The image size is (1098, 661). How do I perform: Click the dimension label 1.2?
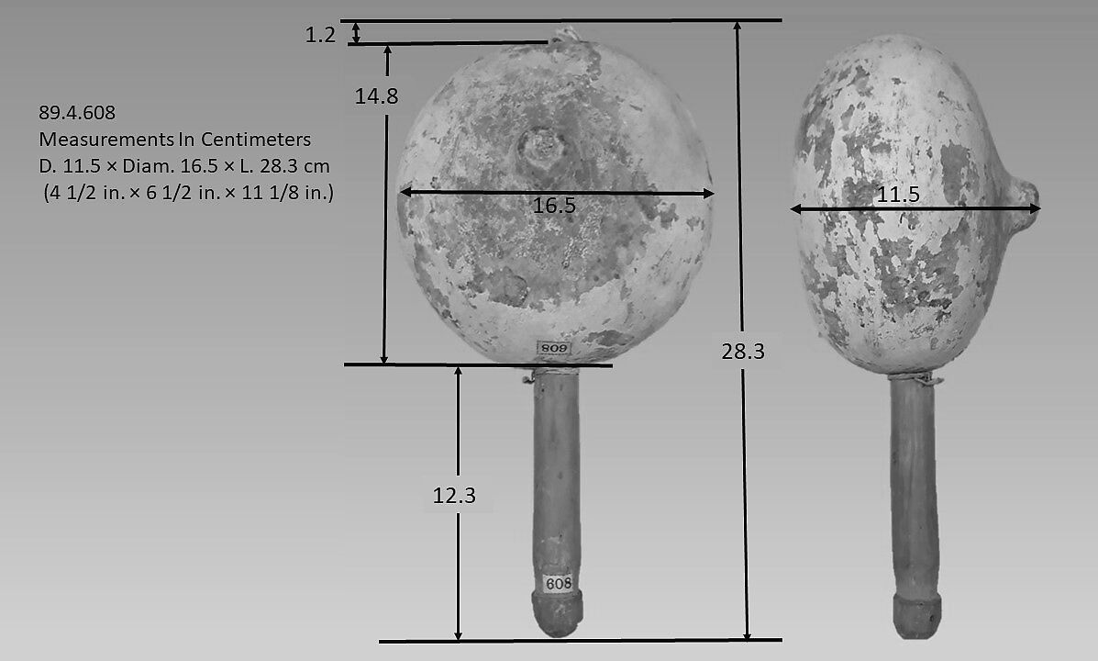coord(320,34)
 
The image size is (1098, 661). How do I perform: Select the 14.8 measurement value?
coord(376,96)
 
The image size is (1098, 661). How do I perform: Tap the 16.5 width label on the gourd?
coord(554,206)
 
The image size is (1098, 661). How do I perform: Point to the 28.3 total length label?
coord(743,352)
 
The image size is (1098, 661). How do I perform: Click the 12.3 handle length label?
coord(454,496)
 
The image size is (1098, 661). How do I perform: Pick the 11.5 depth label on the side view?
coord(898,195)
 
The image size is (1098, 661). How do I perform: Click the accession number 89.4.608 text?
coord(77,112)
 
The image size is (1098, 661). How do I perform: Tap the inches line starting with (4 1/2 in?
coord(188,192)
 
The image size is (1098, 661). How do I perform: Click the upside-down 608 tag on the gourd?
coord(553,348)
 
